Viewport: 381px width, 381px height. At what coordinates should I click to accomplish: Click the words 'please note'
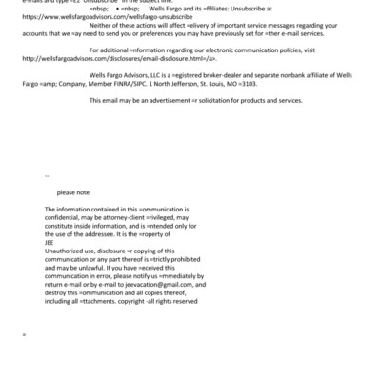coord(72,191)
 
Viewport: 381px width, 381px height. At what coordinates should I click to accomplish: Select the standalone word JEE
coord(50,241)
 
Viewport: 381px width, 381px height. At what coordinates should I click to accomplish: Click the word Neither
coord(103,24)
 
